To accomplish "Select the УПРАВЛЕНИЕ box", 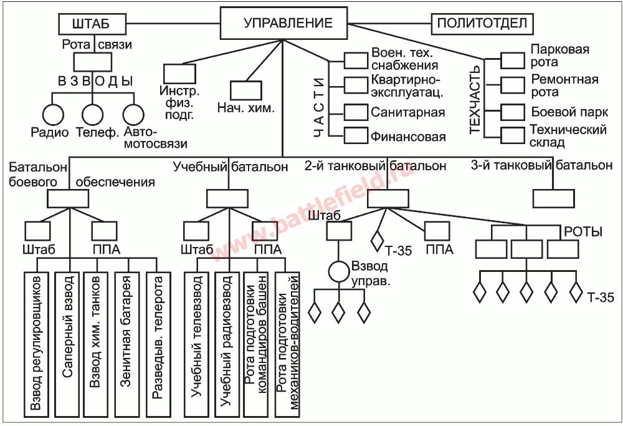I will coord(283,24).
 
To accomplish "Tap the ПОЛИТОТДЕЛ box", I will coord(482,24).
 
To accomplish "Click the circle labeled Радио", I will coord(53,115).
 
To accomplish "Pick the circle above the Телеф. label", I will coord(93,115).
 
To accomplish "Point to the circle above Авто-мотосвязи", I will coord(133,115).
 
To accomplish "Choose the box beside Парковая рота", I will coord(513,60).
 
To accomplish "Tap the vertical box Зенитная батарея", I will coord(127,344).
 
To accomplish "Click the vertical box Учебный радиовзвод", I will coord(227,344).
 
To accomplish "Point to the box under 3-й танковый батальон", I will coord(554,198).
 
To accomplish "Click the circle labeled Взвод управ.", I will coord(338,271).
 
